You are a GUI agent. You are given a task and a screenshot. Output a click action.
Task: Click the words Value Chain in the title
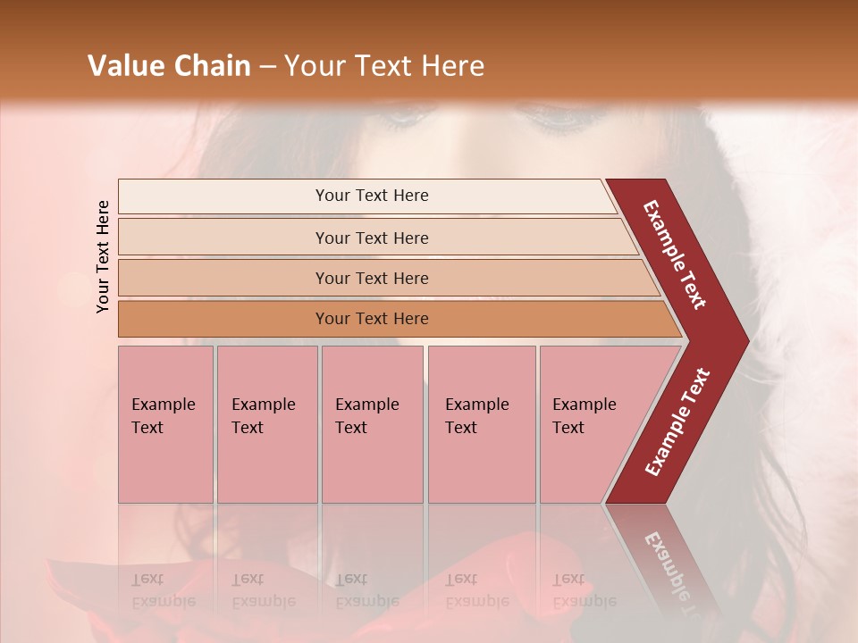click(x=169, y=66)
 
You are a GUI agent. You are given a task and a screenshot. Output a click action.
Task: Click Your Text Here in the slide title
click(x=384, y=66)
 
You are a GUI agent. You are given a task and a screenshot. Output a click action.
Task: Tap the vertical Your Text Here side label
click(x=104, y=256)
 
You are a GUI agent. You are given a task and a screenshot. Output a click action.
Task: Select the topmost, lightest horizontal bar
click(x=223, y=196)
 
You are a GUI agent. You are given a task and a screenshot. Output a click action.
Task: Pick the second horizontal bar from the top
click(x=223, y=238)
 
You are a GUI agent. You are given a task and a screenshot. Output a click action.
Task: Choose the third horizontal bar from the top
click(x=223, y=278)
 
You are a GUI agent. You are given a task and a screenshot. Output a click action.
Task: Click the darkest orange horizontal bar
click(x=223, y=319)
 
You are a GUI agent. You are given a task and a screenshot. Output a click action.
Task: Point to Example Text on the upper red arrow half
click(x=675, y=255)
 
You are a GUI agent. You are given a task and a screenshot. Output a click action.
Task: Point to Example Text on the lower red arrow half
click(x=677, y=422)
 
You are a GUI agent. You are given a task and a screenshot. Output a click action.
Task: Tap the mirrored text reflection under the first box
click(x=163, y=590)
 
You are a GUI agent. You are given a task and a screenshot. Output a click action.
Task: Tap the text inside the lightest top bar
click(x=372, y=196)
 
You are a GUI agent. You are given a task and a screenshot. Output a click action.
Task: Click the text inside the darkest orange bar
click(x=372, y=319)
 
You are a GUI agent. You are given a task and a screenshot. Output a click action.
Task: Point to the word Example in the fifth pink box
click(x=584, y=405)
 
